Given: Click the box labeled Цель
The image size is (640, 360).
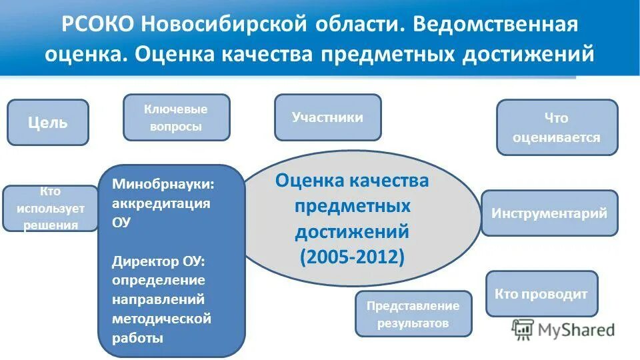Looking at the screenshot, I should point(47,123).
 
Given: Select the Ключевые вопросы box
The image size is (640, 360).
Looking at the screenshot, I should point(176,117).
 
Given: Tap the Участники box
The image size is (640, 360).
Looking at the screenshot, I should point(327,117).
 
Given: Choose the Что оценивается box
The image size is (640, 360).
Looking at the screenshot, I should point(557,127).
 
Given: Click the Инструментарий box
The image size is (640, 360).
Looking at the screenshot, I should point(549,213).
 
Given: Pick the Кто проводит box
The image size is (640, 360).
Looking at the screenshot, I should point(541,293).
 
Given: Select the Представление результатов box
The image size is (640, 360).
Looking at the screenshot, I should point(413,314).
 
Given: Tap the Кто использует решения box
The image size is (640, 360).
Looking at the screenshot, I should point(51,209).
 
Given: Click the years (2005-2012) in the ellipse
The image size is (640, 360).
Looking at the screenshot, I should point(352,257).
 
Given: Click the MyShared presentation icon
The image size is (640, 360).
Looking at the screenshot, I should point(523,329).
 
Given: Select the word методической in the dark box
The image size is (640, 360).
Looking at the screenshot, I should point(162,319).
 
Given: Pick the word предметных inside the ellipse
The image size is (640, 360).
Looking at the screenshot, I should point(352,206).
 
